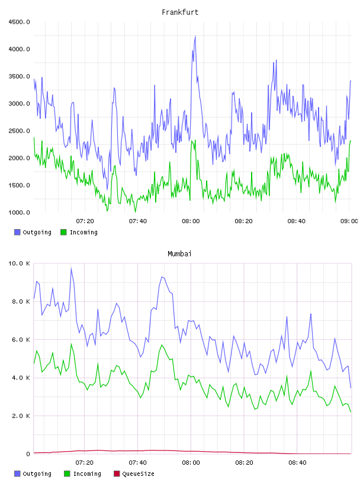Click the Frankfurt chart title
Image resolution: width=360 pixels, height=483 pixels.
(x=180, y=12)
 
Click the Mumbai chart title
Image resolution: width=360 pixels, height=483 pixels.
(x=179, y=254)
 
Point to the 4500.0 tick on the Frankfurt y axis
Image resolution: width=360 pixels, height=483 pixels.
(x=19, y=22)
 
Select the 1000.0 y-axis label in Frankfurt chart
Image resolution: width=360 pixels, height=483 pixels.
(x=19, y=212)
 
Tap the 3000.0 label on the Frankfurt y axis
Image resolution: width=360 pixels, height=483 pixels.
(x=19, y=104)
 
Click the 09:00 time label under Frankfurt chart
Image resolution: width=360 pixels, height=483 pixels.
(x=349, y=221)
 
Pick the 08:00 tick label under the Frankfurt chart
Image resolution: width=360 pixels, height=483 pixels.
(x=191, y=221)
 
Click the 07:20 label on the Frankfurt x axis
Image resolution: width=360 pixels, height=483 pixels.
(x=85, y=221)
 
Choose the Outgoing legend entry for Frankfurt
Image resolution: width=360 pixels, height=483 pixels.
(x=33, y=232)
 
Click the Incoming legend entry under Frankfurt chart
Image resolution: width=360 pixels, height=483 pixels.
(x=79, y=232)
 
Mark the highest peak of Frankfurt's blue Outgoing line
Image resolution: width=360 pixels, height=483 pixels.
(x=195, y=36)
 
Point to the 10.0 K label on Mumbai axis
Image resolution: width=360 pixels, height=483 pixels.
(x=19, y=263)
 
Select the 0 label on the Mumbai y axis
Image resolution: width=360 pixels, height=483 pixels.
(x=28, y=454)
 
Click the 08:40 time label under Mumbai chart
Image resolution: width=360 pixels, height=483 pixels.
(x=297, y=463)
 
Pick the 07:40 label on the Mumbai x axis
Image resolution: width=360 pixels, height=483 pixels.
(x=138, y=463)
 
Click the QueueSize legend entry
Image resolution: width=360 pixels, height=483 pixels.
(x=134, y=474)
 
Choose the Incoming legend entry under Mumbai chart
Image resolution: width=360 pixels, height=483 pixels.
(x=83, y=474)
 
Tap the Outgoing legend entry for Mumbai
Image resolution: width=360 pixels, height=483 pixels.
(x=33, y=474)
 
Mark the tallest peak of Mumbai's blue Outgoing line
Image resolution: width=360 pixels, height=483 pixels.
(x=71, y=268)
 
